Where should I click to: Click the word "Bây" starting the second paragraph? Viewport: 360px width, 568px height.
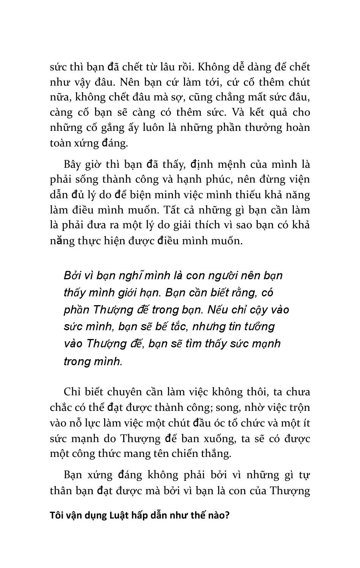[x=73, y=164]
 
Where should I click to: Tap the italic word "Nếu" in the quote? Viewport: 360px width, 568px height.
[x=219, y=310]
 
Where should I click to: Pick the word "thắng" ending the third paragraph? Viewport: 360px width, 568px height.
[x=216, y=453]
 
